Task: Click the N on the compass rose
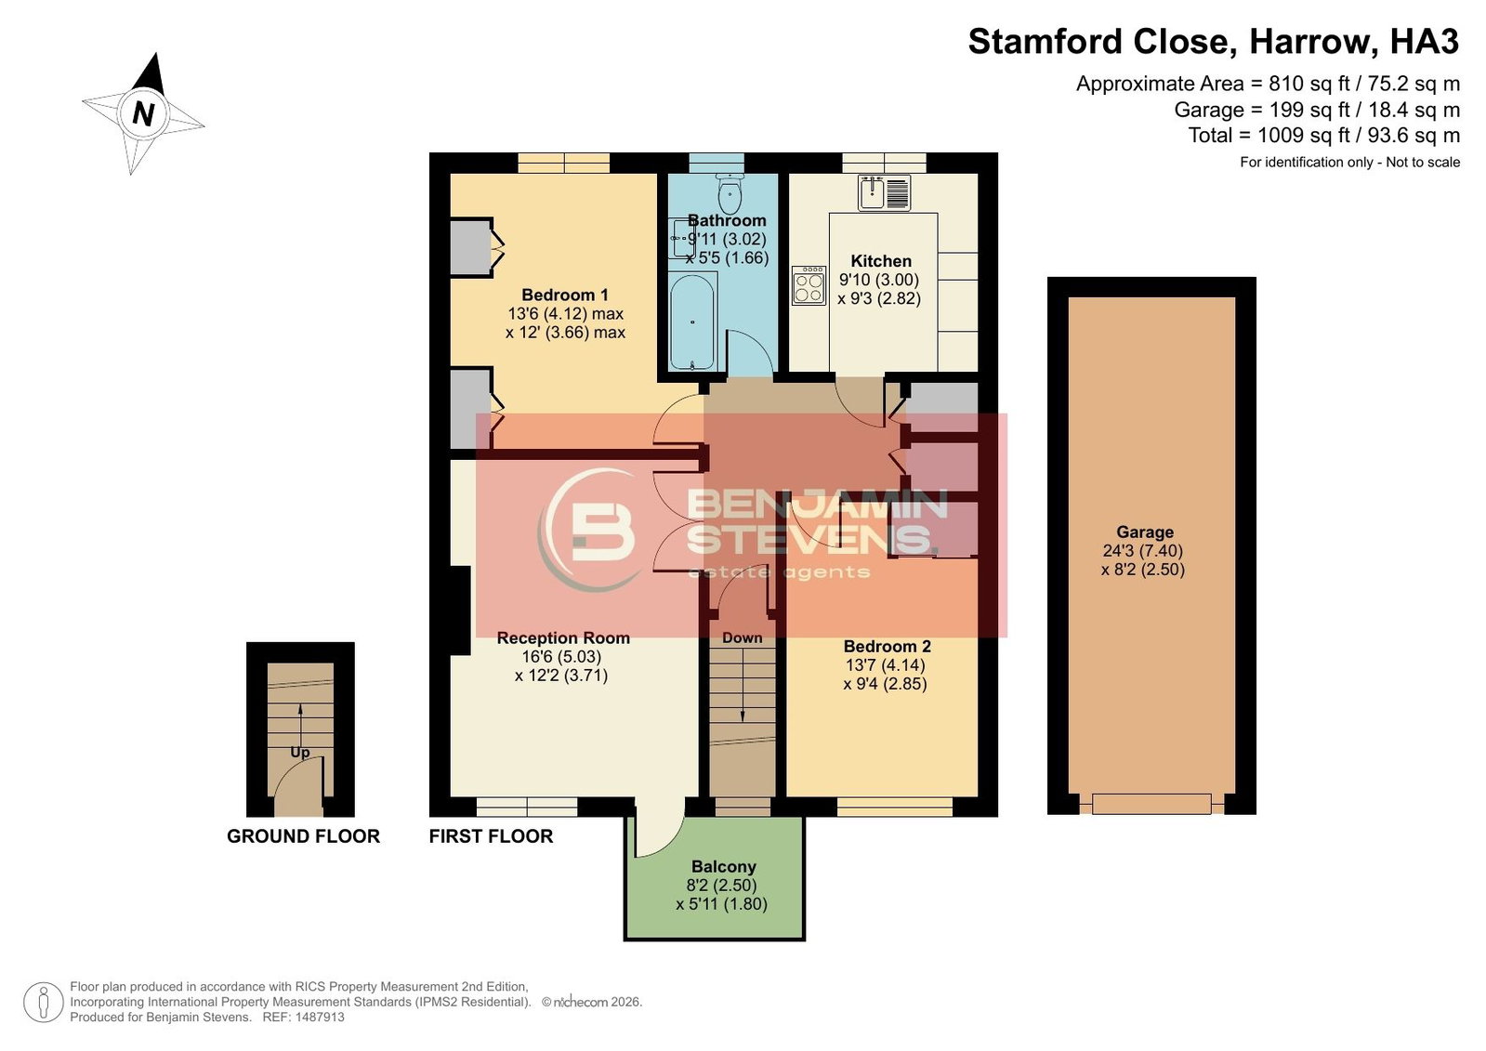(143, 113)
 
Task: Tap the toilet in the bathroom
(730, 192)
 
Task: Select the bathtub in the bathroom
(692, 322)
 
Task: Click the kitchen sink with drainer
(885, 192)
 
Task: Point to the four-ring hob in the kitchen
(809, 285)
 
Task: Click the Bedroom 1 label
(564, 295)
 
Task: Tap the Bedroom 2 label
(887, 646)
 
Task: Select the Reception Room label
(563, 637)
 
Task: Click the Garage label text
(1144, 532)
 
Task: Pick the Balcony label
(723, 867)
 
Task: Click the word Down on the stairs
(742, 637)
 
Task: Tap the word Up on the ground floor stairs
(300, 753)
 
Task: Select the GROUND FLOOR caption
(303, 836)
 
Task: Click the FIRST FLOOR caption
(491, 836)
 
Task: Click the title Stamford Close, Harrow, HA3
(1214, 42)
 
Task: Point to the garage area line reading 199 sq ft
(1317, 110)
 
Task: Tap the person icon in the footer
(43, 1002)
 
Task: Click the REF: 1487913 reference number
(303, 1018)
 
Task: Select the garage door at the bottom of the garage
(1151, 804)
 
